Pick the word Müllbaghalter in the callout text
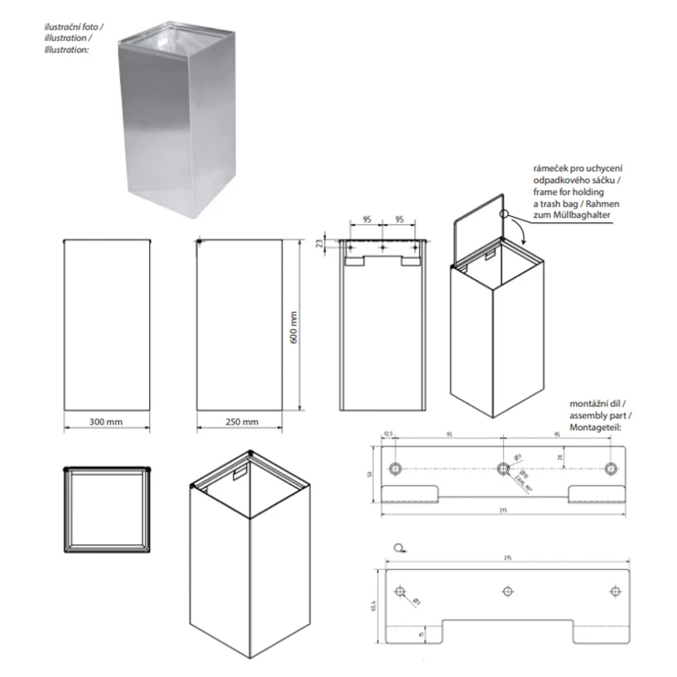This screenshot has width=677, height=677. [561, 215]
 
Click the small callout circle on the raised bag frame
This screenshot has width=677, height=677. [503, 214]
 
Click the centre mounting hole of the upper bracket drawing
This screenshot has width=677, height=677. [502, 468]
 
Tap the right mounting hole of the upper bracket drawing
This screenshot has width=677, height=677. [611, 468]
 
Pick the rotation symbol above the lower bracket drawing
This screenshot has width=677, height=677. [398, 550]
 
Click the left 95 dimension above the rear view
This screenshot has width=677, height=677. [366, 220]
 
